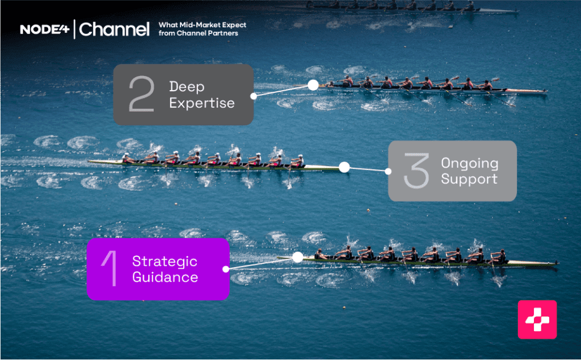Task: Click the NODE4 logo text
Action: [x=45, y=29]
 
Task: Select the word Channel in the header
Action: [x=114, y=29]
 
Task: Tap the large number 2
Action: [x=141, y=95]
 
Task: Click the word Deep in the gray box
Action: [x=186, y=87]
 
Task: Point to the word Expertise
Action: [x=201, y=103]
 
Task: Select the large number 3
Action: [x=415, y=171]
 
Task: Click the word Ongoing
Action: [x=469, y=164]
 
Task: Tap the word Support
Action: [x=469, y=179]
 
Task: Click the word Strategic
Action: [x=165, y=261]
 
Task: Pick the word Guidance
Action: [x=165, y=277]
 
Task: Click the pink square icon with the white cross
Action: [x=537, y=320]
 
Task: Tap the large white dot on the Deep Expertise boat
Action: [x=313, y=85]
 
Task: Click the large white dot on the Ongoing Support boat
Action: [x=344, y=167]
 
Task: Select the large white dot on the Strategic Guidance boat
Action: [x=297, y=257]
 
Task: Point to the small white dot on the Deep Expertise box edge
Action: [x=253, y=96]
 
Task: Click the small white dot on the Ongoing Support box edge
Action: [x=389, y=171]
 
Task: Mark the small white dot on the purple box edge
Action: [x=226, y=269]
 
